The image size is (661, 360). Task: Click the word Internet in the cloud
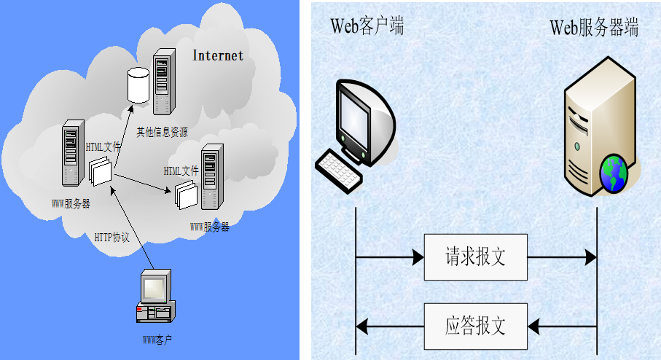(x=218, y=55)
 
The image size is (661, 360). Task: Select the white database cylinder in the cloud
(x=138, y=85)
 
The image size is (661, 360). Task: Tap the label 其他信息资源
(x=162, y=132)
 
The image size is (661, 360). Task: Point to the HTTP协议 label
(x=112, y=237)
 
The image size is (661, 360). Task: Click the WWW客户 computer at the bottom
(x=155, y=297)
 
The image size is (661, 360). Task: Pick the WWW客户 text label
(x=157, y=340)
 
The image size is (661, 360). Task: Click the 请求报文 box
(x=475, y=257)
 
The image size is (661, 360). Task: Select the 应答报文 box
(x=475, y=325)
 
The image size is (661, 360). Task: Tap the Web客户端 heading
(x=368, y=28)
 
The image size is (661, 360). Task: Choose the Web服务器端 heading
(x=594, y=28)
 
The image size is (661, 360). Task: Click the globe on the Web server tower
(x=614, y=173)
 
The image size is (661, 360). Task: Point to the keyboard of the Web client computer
(x=338, y=170)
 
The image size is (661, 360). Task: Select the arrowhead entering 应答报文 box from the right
(x=533, y=325)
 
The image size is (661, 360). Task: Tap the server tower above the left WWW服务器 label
(x=71, y=157)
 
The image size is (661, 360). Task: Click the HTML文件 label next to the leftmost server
(x=103, y=146)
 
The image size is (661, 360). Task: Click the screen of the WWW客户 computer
(x=154, y=289)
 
